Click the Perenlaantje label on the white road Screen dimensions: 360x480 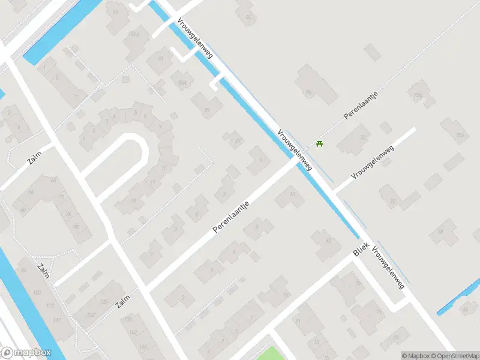click(x=231, y=217)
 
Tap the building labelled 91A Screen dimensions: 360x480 click(x=134, y=34)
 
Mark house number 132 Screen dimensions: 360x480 click(x=91, y=314)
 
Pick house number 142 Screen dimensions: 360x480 click(x=134, y=332)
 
